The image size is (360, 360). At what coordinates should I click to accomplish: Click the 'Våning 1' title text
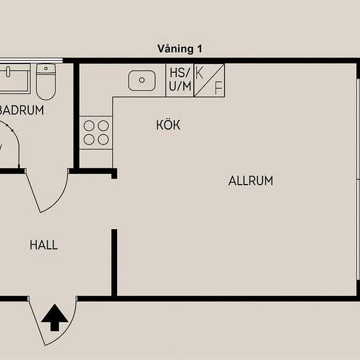[x=180, y=49]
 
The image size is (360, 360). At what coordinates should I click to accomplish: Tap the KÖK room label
[x=168, y=124]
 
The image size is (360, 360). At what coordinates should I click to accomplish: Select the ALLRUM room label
[x=251, y=181]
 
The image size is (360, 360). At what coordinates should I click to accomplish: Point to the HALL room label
[x=44, y=245]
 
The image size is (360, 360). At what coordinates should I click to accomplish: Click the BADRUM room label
[x=21, y=110]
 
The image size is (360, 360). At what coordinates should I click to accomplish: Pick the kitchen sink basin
[x=141, y=81]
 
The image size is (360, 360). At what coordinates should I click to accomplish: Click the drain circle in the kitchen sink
[x=142, y=80]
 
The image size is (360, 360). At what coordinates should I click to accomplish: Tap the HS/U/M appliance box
[x=180, y=80]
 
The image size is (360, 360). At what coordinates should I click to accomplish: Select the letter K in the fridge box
[x=199, y=73]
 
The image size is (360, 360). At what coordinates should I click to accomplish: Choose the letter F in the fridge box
[x=219, y=88]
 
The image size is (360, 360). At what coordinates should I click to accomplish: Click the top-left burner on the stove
[x=89, y=126]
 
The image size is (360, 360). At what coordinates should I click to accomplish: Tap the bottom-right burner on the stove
[x=103, y=139]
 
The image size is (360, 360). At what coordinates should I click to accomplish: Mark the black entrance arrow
[x=54, y=317]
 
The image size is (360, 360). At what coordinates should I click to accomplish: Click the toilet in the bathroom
[x=46, y=82]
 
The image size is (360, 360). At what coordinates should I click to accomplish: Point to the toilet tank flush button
[x=46, y=69]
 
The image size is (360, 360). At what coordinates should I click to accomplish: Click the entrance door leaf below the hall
[x=37, y=321]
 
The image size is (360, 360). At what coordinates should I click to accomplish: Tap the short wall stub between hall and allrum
[x=114, y=262]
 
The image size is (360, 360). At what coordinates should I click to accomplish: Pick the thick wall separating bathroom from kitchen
[x=77, y=115]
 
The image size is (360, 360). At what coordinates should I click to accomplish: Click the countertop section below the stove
[x=96, y=159]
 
